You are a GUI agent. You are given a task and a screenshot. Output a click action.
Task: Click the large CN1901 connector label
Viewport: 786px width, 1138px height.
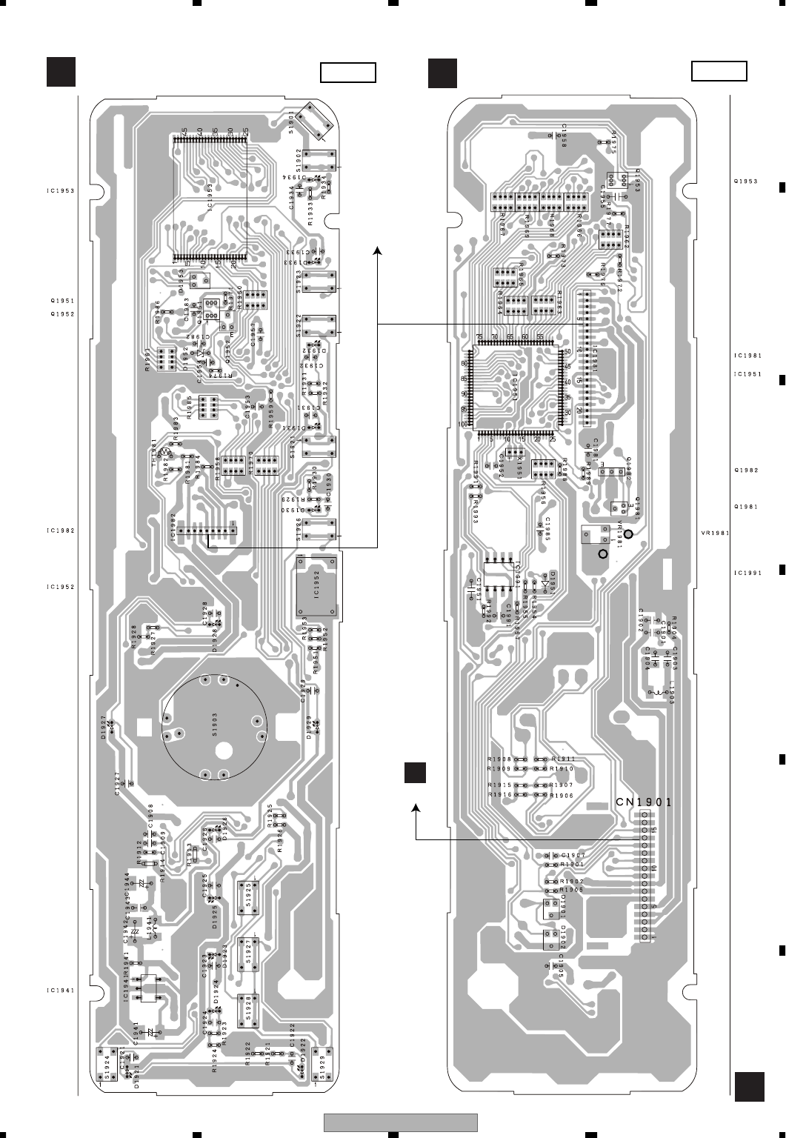click(x=644, y=802)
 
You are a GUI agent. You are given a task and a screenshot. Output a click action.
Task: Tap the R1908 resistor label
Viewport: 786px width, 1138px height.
click(x=499, y=759)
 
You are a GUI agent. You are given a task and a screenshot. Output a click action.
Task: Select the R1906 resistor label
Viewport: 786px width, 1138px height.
click(x=562, y=795)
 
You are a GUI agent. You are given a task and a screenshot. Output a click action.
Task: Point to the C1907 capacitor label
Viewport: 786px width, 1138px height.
click(x=573, y=856)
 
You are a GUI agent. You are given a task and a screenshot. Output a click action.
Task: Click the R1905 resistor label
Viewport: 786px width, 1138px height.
click(x=573, y=889)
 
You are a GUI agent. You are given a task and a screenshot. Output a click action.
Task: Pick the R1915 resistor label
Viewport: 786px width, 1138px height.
click(x=499, y=785)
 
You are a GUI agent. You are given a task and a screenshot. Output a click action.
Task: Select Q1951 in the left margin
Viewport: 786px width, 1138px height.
click(x=62, y=301)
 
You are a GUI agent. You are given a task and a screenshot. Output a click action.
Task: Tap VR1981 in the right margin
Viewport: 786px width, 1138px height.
click(x=715, y=532)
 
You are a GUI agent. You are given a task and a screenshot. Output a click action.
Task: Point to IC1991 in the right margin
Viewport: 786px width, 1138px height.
click(x=747, y=572)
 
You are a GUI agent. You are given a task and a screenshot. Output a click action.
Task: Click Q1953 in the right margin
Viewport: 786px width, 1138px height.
click(x=745, y=182)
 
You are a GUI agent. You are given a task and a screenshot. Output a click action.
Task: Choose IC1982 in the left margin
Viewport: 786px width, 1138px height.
click(x=60, y=530)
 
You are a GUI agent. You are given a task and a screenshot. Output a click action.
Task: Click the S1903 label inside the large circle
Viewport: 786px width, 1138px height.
click(x=213, y=723)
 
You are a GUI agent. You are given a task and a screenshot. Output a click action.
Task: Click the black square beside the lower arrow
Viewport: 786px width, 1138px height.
click(x=416, y=772)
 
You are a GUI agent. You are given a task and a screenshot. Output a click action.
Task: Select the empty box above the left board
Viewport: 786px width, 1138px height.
click(x=348, y=73)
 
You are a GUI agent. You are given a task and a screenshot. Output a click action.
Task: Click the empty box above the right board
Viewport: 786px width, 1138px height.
click(x=719, y=71)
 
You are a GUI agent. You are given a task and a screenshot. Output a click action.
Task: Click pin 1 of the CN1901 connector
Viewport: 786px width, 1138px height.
click(x=644, y=937)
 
